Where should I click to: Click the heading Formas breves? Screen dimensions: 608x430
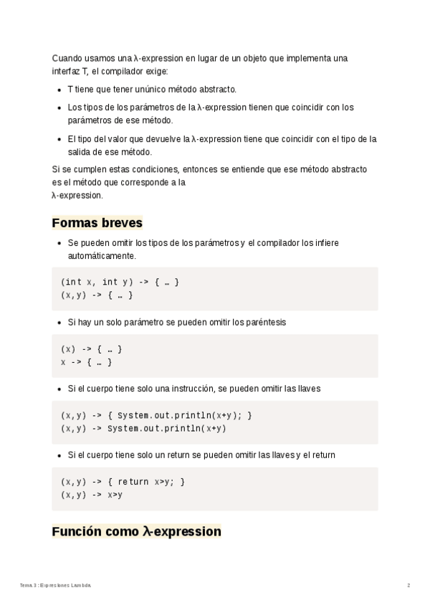(97, 222)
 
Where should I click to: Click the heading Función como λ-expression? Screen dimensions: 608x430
(136, 531)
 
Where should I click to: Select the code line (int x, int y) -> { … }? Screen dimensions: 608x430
(120, 282)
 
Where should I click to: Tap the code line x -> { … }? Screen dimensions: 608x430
(87, 362)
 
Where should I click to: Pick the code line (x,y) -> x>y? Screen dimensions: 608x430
(92, 495)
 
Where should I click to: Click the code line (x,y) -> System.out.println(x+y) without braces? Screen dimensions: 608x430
(144, 429)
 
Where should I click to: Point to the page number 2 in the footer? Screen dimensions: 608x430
(408, 586)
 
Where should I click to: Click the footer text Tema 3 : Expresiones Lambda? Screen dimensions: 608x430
(56, 586)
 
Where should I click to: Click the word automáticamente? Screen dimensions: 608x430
(101, 255)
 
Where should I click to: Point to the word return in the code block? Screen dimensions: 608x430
(133, 482)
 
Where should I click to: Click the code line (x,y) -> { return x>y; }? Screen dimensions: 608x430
(123, 482)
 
